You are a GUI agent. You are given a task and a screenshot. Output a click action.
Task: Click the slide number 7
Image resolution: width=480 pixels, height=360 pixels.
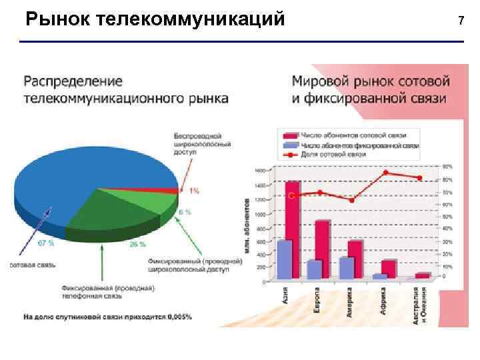(x=460, y=19)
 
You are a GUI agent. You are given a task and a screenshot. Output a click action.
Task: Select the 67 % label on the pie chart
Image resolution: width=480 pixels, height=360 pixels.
(x=46, y=243)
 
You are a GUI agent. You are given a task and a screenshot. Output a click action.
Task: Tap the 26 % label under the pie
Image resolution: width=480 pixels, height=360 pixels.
(x=137, y=244)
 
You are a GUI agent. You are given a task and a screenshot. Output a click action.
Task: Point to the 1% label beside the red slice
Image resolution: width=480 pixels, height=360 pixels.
(x=193, y=191)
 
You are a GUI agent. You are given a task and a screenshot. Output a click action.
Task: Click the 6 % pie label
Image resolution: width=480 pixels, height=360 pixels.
(x=185, y=212)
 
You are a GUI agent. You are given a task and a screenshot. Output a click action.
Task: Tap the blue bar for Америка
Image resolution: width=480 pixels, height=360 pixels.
(x=346, y=267)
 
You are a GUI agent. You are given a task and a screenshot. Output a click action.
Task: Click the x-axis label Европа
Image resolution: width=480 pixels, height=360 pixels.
(x=317, y=299)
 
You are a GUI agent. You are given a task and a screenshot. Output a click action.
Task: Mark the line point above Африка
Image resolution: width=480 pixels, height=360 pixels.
(x=385, y=173)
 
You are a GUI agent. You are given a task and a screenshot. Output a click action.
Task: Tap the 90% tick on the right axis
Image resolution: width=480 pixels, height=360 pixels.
(x=446, y=165)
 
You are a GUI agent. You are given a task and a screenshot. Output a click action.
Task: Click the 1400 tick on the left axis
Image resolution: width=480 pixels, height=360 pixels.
(x=259, y=185)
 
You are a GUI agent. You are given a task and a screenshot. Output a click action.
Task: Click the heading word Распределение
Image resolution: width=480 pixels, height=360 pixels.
(x=73, y=82)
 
